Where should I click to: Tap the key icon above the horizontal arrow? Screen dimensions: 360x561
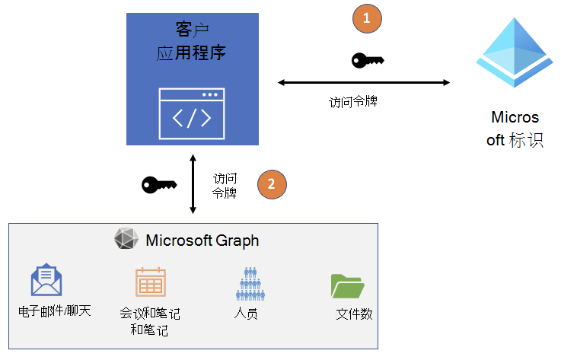[368, 60]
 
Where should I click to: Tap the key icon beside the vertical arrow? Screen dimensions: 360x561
[159, 184]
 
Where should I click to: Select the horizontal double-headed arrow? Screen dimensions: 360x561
[365, 81]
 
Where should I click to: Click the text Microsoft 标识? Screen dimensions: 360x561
[515, 129]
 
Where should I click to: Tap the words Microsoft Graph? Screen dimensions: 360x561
[202, 241]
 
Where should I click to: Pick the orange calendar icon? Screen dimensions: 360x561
[151, 282]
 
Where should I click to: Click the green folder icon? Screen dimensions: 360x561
[348, 285]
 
